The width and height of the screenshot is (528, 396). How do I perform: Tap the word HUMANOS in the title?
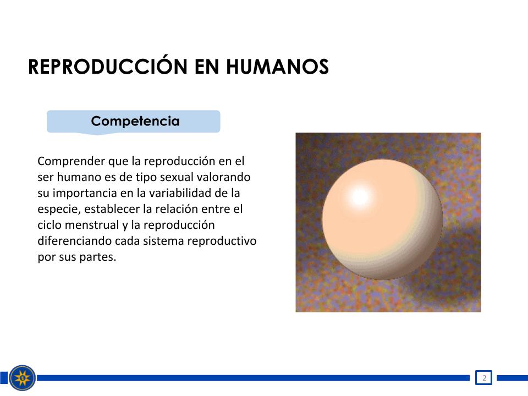click(277, 67)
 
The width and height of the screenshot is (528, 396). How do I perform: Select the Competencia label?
click(135, 121)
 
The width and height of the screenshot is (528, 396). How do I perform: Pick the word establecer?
click(112, 209)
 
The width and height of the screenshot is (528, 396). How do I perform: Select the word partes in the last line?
click(98, 257)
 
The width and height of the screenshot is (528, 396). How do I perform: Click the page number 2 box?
click(484, 377)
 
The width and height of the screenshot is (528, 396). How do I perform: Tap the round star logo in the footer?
click(22, 378)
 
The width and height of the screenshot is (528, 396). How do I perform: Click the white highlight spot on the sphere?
click(359, 197)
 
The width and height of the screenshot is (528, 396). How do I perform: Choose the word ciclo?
click(50, 225)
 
